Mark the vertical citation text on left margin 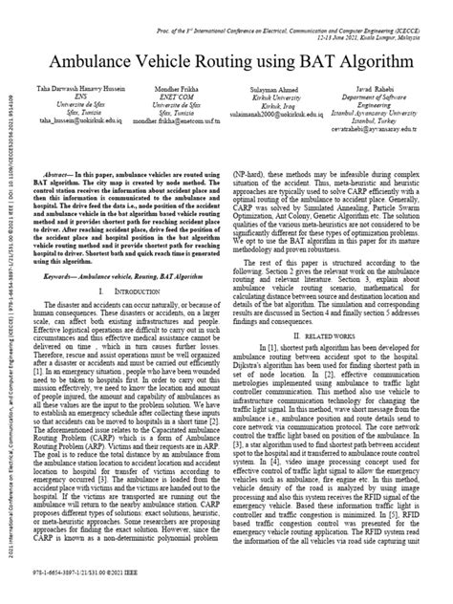(x=9, y=315)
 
